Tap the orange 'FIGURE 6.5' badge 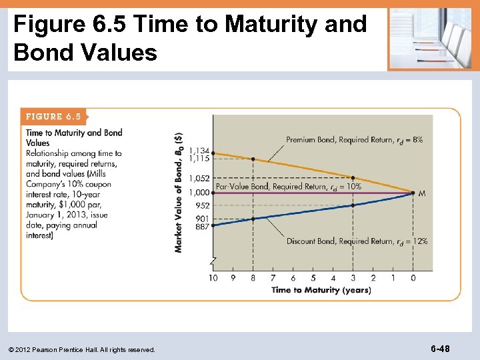coord(53,117)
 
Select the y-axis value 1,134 coord(199,150)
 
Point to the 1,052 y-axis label coord(199,178)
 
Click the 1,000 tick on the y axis coord(199,193)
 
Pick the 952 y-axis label coord(203,206)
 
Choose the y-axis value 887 coord(203,227)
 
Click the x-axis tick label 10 coord(213,277)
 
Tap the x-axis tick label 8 coord(253,277)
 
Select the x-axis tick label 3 coord(353,277)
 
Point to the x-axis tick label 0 coord(413,277)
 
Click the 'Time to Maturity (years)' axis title coord(321,290)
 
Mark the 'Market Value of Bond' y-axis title coord(178,191)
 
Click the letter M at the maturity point coord(421,193)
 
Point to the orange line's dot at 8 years coord(253,159)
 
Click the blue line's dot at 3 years coord(353,205)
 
